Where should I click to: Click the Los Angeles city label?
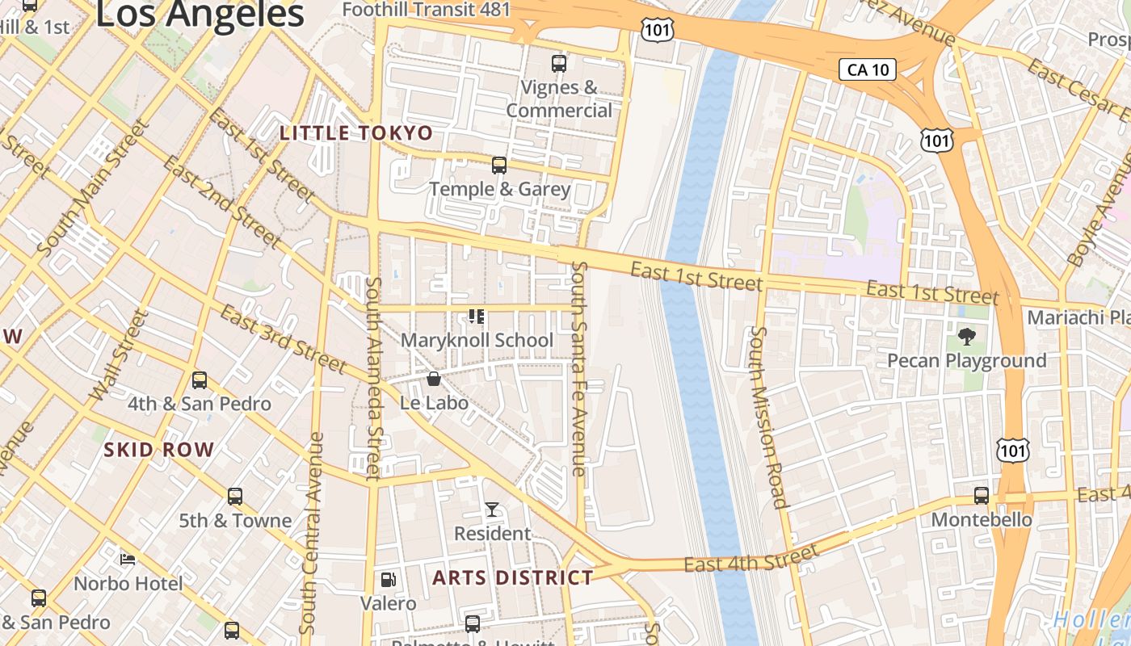click(200, 15)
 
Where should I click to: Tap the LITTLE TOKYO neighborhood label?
click(356, 133)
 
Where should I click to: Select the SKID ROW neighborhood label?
click(159, 450)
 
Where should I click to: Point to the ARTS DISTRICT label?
click(513, 577)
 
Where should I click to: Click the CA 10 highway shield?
click(868, 69)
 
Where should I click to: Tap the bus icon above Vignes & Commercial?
click(558, 63)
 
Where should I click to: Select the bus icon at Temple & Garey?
click(499, 166)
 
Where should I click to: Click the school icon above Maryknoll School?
click(477, 317)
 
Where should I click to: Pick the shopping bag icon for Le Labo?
click(434, 379)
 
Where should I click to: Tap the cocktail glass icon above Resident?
click(492, 510)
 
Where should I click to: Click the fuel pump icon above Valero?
click(389, 580)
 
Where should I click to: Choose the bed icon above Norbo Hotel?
click(128, 559)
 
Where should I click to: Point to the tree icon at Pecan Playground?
click(966, 336)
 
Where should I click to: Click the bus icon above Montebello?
click(982, 495)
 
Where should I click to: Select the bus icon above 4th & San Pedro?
click(200, 380)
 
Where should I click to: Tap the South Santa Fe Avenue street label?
click(578, 367)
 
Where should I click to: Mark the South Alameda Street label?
click(372, 378)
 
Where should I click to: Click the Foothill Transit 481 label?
click(427, 10)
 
